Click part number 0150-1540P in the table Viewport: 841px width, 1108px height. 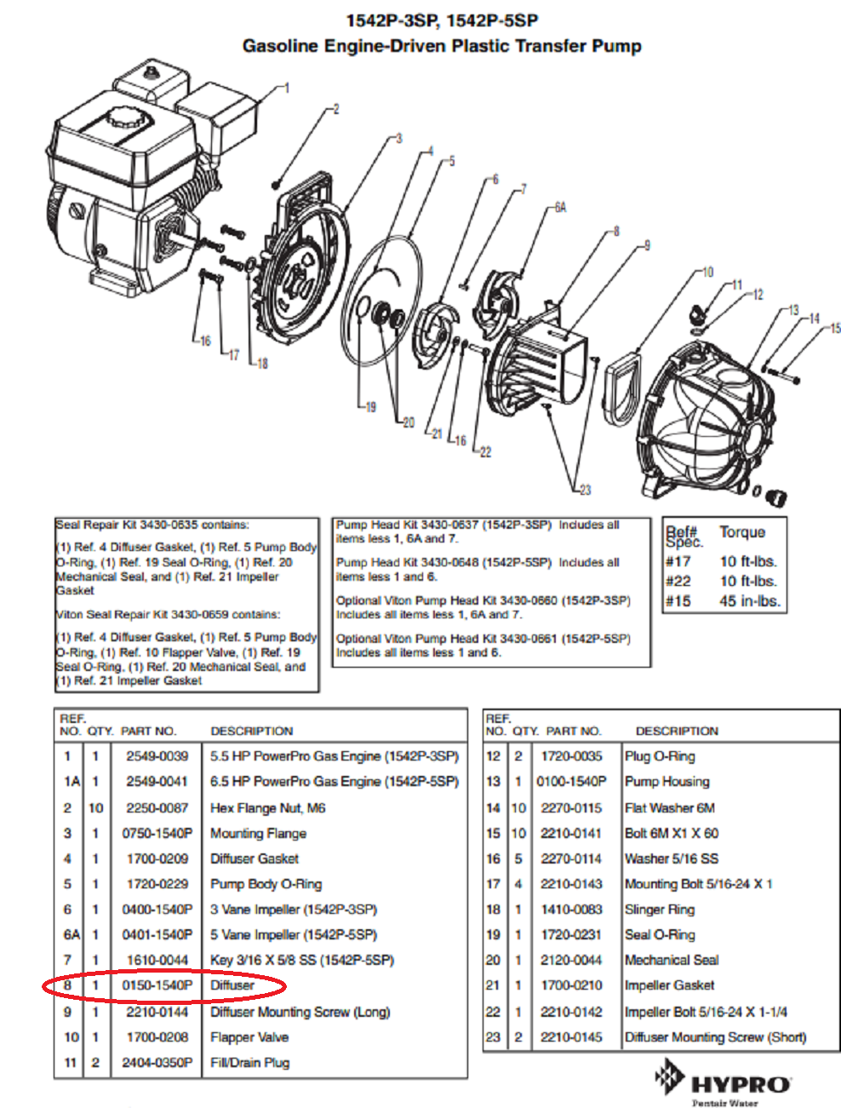click(157, 985)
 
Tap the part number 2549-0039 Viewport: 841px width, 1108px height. click(157, 756)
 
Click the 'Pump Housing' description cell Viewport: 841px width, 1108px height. click(667, 782)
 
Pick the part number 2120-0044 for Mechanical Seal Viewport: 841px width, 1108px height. click(571, 960)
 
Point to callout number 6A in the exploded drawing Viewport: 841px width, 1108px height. click(559, 207)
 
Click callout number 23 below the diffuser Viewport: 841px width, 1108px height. click(585, 490)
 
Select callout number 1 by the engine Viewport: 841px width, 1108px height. click(287, 88)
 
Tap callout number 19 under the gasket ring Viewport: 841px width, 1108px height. click(369, 407)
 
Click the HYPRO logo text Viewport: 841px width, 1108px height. click(741, 1085)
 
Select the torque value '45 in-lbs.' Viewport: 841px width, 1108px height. click(748, 601)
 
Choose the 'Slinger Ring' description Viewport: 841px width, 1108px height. click(659, 910)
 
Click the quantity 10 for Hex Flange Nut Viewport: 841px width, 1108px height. click(95, 807)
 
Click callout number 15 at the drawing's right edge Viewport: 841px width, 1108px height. click(835, 328)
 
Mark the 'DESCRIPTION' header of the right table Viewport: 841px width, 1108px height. click(677, 731)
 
